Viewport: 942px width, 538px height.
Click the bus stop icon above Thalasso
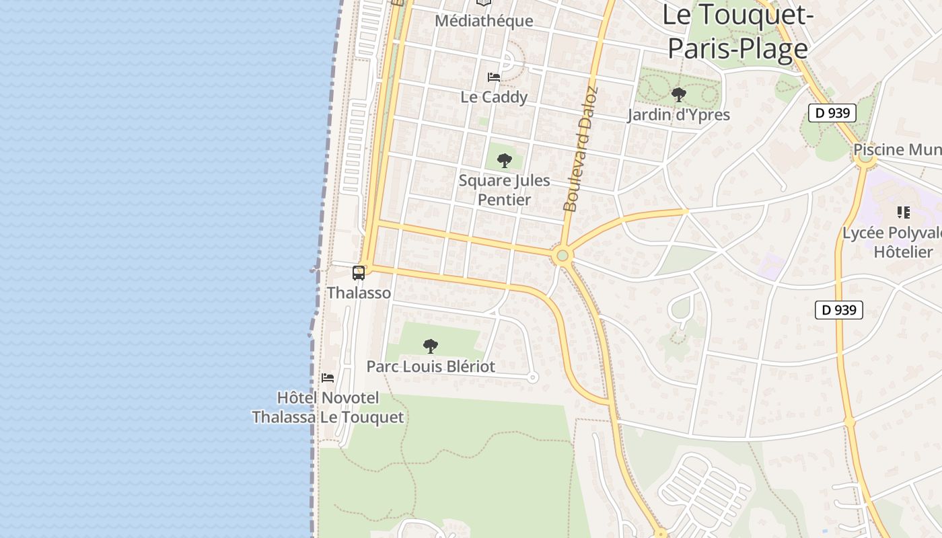pyautogui.click(x=359, y=273)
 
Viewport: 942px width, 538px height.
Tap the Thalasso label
pyautogui.click(x=359, y=293)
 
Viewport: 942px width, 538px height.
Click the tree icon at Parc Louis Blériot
pyautogui.click(x=431, y=346)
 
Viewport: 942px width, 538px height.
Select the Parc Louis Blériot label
pyautogui.click(x=431, y=367)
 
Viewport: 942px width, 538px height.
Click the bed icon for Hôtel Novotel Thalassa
pyautogui.click(x=328, y=377)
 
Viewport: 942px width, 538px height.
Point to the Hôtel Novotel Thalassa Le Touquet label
pyautogui.click(x=328, y=408)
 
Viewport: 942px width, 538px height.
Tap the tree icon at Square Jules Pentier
pyautogui.click(x=504, y=161)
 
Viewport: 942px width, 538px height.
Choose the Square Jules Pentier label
pyautogui.click(x=504, y=190)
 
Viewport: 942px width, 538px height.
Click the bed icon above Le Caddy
pyautogui.click(x=494, y=77)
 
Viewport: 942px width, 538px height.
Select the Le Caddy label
pyautogui.click(x=494, y=97)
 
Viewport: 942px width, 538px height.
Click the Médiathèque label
pyautogui.click(x=484, y=21)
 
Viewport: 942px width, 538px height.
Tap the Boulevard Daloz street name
pyautogui.click(x=581, y=149)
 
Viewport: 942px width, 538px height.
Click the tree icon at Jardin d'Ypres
pyautogui.click(x=678, y=95)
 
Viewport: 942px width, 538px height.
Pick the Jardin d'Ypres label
pyautogui.click(x=678, y=114)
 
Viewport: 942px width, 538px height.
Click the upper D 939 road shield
pyautogui.click(x=832, y=113)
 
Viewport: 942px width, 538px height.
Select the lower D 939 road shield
pyautogui.click(x=839, y=310)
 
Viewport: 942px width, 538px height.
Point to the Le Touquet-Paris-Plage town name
pyautogui.click(x=735, y=32)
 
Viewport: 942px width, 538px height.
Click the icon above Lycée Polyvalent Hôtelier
pyautogui.click(x=903, y=213)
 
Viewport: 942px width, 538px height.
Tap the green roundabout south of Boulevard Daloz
pyautogui.click(x=563, y=256)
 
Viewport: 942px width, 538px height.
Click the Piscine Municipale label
pyautogui.click(x=898, y=149)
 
